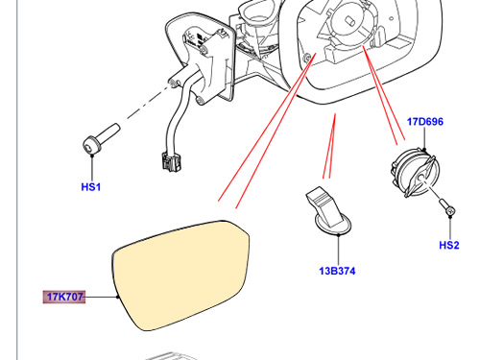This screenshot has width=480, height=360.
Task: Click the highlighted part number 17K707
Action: point(64,297)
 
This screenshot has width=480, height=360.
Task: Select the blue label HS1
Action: point(91,187)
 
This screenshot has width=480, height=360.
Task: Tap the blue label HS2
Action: point(449,245)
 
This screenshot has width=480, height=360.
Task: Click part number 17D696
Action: point(425,122)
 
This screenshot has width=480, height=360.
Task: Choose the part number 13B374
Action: point(337,271)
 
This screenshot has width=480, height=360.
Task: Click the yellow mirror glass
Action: point(181,276)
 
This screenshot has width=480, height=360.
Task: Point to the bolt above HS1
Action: point(101,139)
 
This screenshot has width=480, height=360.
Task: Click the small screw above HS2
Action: point(447,207)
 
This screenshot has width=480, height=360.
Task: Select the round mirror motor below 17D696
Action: point(415,172)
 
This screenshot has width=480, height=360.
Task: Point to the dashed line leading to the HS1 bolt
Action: point(148,101)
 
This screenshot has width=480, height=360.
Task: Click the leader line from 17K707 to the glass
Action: point(101,297)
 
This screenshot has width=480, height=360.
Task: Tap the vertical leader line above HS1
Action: point(92,168)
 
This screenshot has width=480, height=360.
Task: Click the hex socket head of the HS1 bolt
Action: point(89,146)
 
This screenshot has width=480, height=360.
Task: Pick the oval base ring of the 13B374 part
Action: point(333,228)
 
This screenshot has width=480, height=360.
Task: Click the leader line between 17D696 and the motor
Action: point(424,137)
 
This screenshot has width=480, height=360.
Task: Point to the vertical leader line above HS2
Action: point(450,228)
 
